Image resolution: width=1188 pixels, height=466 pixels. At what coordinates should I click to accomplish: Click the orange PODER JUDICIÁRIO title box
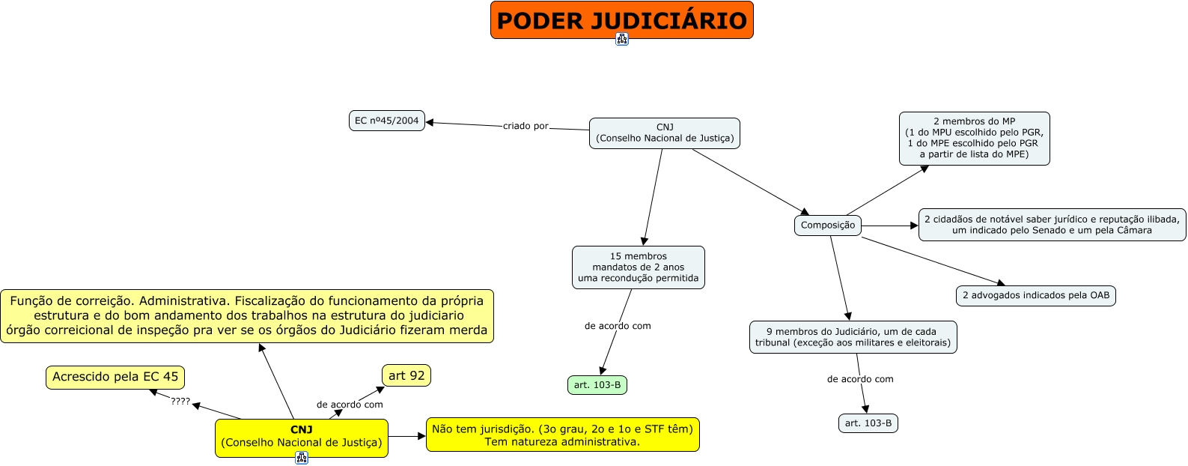[x=621, y=19]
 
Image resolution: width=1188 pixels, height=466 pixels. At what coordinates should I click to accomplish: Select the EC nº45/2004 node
[x=386, y=121]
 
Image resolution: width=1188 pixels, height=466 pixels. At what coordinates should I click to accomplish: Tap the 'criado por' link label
[x=526, y=126]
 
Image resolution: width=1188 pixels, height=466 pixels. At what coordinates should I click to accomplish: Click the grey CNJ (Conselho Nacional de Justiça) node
[x=664, y=133]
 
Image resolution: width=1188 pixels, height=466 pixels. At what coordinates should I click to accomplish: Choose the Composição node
[x=827, y=226]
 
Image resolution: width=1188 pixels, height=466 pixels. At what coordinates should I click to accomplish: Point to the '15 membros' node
[x=638, y=267]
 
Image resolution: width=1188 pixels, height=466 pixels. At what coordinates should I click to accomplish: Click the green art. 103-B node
[x=597, y=385]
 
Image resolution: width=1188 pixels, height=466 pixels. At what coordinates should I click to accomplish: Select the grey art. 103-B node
[x=868, y=423]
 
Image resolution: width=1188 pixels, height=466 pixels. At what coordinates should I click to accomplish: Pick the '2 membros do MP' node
[x=974, y=138]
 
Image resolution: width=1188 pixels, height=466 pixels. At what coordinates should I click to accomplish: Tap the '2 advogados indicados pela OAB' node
[x=1035, y=295]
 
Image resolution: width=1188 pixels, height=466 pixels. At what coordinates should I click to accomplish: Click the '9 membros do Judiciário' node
[x=853, y=337]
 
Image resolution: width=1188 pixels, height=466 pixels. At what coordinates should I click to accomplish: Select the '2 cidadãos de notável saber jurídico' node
[x=1052, y=225]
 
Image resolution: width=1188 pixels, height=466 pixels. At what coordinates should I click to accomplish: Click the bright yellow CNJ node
[x=301, y=437]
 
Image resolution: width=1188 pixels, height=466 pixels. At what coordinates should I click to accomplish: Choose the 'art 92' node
[x=406, y=375]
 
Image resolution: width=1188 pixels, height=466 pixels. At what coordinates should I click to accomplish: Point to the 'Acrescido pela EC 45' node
[x=115, y=377]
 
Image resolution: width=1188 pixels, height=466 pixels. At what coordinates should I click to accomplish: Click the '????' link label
[x=180, y=402]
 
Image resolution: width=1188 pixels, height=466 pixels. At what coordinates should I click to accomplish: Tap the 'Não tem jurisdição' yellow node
[x=562, y=435]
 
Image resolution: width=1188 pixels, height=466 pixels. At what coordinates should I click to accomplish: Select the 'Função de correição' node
[x=246, y=315]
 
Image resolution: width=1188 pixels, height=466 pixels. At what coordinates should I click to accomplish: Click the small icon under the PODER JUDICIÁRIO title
[x=621, y=39]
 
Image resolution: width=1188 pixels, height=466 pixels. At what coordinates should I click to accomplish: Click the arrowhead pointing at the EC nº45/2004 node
[x=430, y=123]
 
